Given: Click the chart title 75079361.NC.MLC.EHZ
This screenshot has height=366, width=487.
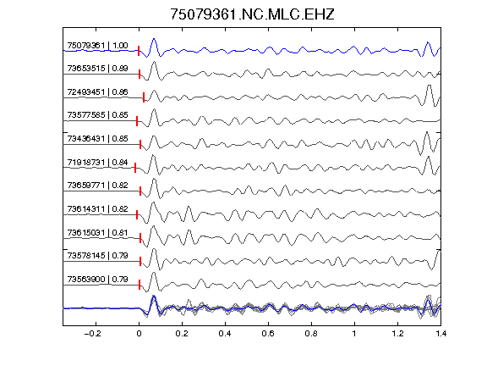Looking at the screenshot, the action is [x=252, y=14].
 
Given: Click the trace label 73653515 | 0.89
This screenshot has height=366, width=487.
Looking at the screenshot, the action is [x=97, y=69].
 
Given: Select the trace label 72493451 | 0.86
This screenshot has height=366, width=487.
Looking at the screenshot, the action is [x=97, y=92].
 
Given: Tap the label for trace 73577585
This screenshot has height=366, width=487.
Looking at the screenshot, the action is [x=97, y=115].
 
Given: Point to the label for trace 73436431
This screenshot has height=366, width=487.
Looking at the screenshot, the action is [x=97, y=139].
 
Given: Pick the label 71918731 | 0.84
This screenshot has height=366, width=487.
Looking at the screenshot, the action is [x=97, y=163].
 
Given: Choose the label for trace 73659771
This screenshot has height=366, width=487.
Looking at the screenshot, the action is [x=97, y=186].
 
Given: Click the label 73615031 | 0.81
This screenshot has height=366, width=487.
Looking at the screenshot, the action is [x=97, y=233].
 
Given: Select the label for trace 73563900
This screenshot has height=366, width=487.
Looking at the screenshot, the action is [x=97, y=280].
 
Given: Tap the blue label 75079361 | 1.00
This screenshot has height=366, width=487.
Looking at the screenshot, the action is [x=97, y=46].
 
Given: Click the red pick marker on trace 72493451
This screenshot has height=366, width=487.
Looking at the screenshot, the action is [x=144, y=97].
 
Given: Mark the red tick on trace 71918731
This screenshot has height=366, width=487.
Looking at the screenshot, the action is [x=135, y=168].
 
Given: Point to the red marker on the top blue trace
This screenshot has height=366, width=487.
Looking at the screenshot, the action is [x=139, y=51].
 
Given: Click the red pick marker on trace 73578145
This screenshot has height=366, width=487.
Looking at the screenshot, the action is [x=140, y=262].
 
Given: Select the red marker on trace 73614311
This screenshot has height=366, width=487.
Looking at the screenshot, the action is [x=137, y=214].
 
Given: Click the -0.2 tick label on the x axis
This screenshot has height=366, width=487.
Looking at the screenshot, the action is [x=92, y=334].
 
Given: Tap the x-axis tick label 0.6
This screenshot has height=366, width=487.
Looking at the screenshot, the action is [x=268, y=334].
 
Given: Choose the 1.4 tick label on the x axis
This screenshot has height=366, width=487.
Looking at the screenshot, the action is [x=440, y=334].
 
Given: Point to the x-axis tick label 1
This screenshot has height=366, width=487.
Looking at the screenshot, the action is [x=354, y=334].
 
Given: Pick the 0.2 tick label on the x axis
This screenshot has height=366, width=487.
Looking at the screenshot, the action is [x=182, y=334].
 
